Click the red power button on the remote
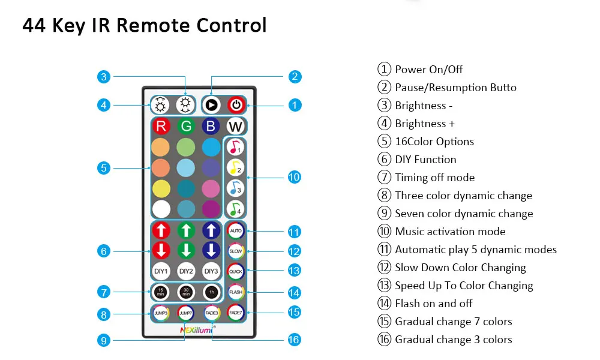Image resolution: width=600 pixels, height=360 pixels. pos(236,104)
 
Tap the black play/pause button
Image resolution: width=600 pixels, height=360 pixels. pos(211,104)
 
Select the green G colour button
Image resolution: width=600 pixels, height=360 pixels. pos(185,127)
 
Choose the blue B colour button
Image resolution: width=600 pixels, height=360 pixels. pos(211,127)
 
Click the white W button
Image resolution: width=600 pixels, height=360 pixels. pos(235,127)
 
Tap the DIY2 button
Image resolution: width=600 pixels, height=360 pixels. pos(185,271)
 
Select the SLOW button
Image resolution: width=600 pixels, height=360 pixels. pos(235,251)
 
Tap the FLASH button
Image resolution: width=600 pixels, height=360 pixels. pos(235,292)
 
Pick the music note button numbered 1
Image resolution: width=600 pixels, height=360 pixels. pos(235,147)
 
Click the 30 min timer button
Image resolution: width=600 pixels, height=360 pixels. pos(185,292)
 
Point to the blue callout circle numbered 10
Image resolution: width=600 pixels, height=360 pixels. pos(294,177)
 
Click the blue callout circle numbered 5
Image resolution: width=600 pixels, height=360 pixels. pos(104,168)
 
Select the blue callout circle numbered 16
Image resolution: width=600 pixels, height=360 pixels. pos(294,340)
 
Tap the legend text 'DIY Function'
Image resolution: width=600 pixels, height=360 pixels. pos(425,160)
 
